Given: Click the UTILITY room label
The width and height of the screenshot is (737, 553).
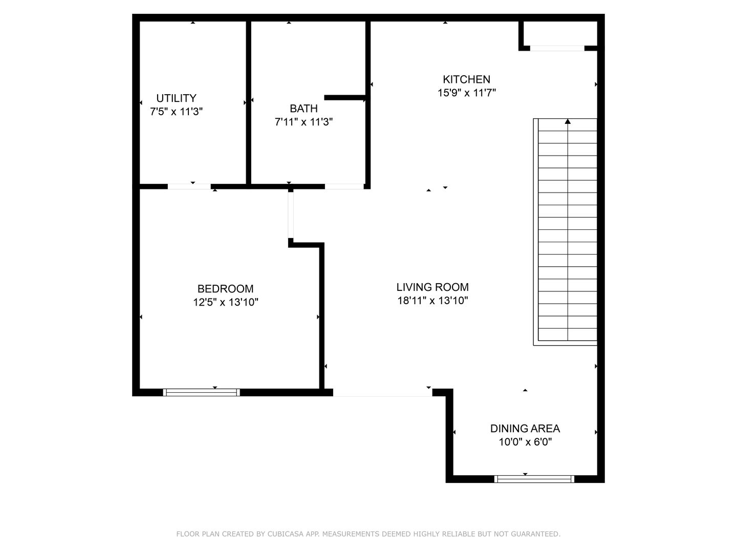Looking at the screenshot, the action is point(176,98).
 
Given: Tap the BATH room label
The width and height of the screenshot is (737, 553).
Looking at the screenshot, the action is point(304,109).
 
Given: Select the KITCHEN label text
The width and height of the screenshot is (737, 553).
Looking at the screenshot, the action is point(466,79).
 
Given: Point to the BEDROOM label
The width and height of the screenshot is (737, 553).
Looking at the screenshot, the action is point(225,289).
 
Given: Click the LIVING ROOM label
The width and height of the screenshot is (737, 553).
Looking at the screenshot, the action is point(432,287).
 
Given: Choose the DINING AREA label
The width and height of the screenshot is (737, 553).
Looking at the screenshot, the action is point(525,429).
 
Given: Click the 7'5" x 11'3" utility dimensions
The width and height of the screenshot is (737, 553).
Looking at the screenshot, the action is point(176,112).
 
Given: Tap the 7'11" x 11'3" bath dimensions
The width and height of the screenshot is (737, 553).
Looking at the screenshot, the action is point(304,121).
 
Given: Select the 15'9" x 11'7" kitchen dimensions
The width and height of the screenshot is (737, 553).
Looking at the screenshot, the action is point(466,92).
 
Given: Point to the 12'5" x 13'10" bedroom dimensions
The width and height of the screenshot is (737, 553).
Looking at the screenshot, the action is point(225,302).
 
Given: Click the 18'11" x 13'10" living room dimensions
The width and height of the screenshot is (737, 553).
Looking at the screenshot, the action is point(432,300).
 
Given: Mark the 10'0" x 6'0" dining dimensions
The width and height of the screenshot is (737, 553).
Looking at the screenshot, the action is point(525,442).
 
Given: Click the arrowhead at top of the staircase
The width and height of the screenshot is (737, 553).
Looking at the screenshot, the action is point(568,121).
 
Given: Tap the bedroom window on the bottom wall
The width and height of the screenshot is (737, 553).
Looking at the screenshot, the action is point(202,393).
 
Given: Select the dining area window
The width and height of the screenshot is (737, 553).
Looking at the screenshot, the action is point(534,479).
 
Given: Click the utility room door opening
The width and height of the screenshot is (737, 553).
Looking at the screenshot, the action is point(189,187).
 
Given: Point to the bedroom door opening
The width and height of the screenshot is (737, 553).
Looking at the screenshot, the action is point(291,215).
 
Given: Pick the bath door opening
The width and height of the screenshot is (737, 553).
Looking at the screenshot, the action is point(344,187).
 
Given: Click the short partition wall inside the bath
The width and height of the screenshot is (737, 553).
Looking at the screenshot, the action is point(345,98).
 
